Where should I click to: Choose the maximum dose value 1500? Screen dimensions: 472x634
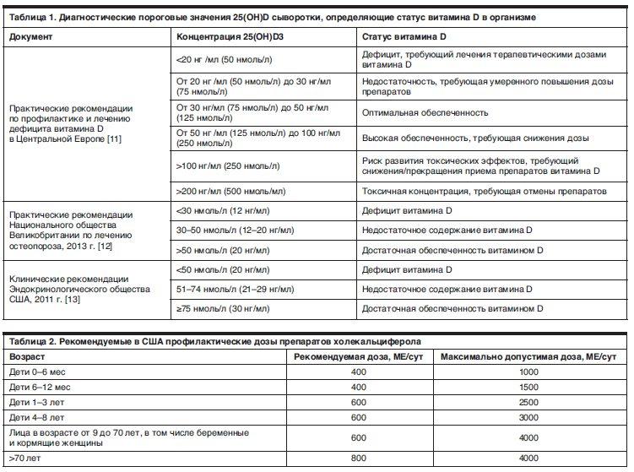[x=528, y=387]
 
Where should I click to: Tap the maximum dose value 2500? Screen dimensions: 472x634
[x=528, y=402]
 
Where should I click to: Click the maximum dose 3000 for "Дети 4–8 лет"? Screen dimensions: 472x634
[x=528, y=417]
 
